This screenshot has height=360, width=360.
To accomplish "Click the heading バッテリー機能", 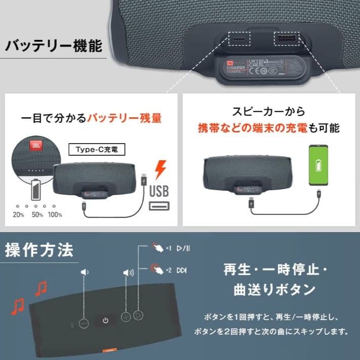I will tap(53, 47).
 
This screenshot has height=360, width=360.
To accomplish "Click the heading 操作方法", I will tap(39, 250).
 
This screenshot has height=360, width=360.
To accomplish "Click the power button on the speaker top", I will tap(105, 320).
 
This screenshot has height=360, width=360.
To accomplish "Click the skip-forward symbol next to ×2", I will tap(182, 270).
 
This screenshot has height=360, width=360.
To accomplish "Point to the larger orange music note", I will tap(18, 306).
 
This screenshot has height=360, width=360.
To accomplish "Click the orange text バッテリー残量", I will tap(124, 119).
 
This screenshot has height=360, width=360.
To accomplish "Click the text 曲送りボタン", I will tap(275, 290).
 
